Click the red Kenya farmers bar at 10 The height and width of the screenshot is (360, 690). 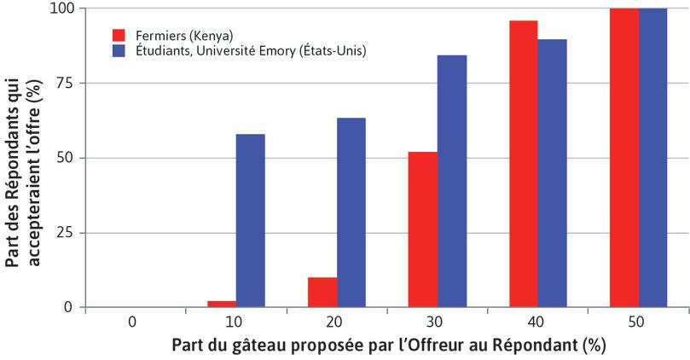click(221, 304)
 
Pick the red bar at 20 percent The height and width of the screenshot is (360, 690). click(322, 292)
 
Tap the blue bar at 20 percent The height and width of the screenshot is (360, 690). click(351, 212)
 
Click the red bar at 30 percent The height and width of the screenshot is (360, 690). click(423, 229)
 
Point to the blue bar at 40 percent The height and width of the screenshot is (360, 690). click(553, 173)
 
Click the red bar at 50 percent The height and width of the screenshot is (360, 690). click(624, 158)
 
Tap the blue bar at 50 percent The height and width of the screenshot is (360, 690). click(653, 158)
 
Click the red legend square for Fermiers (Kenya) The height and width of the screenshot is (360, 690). click(119, 35)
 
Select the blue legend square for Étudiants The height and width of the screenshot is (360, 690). click(119, 51)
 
